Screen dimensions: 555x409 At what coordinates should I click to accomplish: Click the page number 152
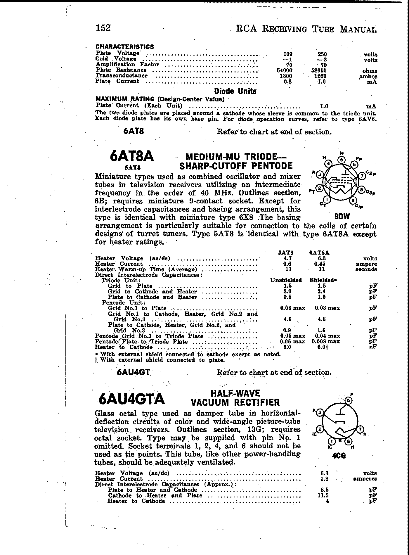coord(103,28)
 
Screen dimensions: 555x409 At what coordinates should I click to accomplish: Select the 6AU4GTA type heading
coord(132,399)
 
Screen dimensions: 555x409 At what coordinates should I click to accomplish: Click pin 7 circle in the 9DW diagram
coord(362,176)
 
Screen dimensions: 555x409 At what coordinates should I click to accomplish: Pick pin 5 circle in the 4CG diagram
coord(348,400)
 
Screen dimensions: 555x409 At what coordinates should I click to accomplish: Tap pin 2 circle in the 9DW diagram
coord(320,189)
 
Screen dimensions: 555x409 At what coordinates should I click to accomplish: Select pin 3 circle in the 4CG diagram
coord(320,413)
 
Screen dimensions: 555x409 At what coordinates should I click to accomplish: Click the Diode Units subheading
coord(235,91)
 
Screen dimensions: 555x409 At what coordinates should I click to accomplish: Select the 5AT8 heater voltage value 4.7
coord(287,258)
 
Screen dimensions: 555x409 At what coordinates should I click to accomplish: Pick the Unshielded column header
coord(286,280)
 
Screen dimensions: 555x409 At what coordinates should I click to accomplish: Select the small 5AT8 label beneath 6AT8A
coord(133,168)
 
